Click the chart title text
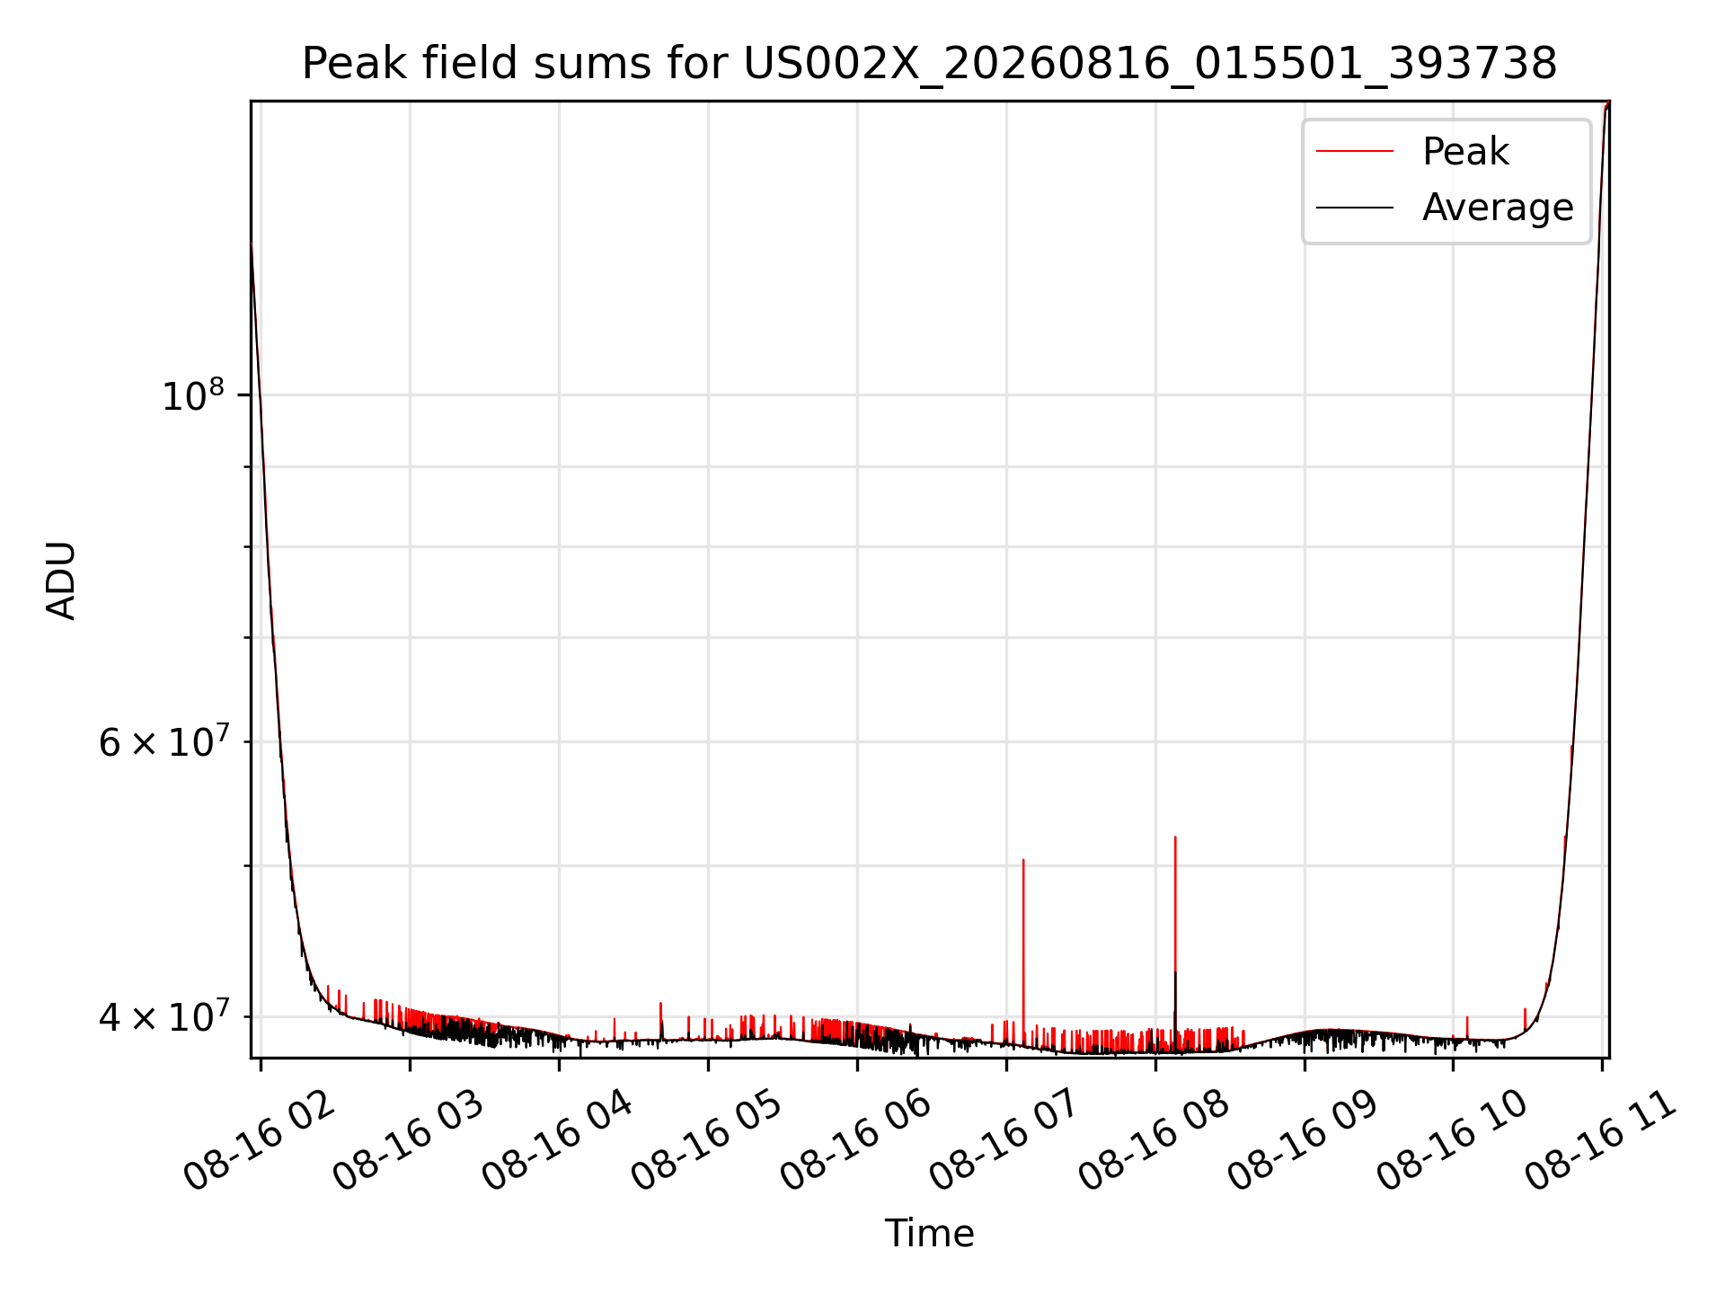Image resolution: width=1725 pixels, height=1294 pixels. [929, 64]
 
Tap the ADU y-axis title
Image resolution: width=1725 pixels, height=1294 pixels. [61, 581]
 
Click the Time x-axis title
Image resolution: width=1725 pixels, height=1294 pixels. [929, 1233]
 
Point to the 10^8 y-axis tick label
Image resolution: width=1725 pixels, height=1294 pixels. [192, 394]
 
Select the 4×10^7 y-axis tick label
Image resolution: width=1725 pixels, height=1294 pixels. [164, 1016]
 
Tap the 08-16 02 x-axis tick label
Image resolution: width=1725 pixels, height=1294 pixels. [259, 1141]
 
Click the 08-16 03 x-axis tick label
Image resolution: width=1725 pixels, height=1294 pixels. [409, 1141]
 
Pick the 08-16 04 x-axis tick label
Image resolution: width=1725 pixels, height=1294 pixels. [558, 1141]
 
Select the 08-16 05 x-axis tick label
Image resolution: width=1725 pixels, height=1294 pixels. [707, 1141]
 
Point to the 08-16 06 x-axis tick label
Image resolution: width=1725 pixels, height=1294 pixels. [856, 1141]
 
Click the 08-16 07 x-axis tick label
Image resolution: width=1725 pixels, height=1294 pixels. [1005, 1141]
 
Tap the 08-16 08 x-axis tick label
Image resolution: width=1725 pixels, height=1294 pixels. [1154, 1141]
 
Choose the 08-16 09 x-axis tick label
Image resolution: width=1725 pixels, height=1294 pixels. [1304, 1141]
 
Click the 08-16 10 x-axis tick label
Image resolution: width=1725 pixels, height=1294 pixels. [1453, 1141]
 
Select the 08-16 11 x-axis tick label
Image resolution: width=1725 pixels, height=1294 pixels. [1602, 1141]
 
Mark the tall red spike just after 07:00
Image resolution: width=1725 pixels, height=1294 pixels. [1023, 953]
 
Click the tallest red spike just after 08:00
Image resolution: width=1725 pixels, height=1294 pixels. [1175, 944]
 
